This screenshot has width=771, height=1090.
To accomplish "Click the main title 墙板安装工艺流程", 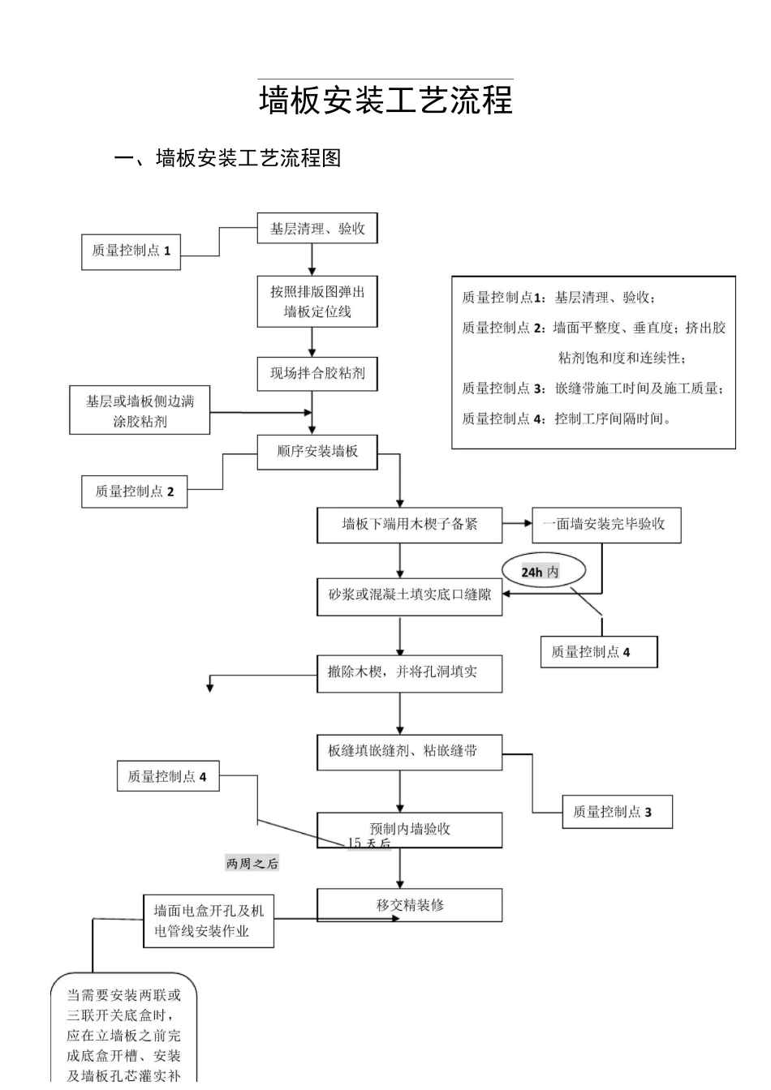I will coord(385,101).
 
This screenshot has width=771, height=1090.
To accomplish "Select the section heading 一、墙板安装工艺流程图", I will coord(227,158).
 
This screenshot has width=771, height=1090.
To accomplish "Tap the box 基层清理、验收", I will coord(317,229).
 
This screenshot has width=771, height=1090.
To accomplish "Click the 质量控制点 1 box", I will coord(131,251).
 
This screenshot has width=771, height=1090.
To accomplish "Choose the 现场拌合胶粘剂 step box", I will coord(317,374).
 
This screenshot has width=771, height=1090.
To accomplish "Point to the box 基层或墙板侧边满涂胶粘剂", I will coord(140,411).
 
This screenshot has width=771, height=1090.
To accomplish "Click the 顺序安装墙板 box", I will coord(317,452).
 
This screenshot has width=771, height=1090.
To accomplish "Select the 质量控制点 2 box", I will coord(134,491).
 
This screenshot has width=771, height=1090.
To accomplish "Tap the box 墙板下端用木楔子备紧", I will coord(409,525).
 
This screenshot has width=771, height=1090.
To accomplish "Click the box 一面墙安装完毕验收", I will coord(605,525).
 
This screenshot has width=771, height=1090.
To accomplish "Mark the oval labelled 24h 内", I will coord(541,572).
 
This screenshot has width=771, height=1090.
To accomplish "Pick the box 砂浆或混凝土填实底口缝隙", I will coord(409,595).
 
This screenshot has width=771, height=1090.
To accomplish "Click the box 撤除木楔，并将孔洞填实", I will coord(409,673).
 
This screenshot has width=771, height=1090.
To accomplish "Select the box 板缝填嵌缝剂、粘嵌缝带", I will coord(409,752).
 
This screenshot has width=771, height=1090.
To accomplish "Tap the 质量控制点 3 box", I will coord(617,812).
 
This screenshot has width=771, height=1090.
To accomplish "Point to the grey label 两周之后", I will coord(252,864).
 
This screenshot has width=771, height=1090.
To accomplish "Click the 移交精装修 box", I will coord(409,905).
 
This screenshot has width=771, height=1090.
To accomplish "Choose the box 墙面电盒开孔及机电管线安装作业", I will coord(208,921).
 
